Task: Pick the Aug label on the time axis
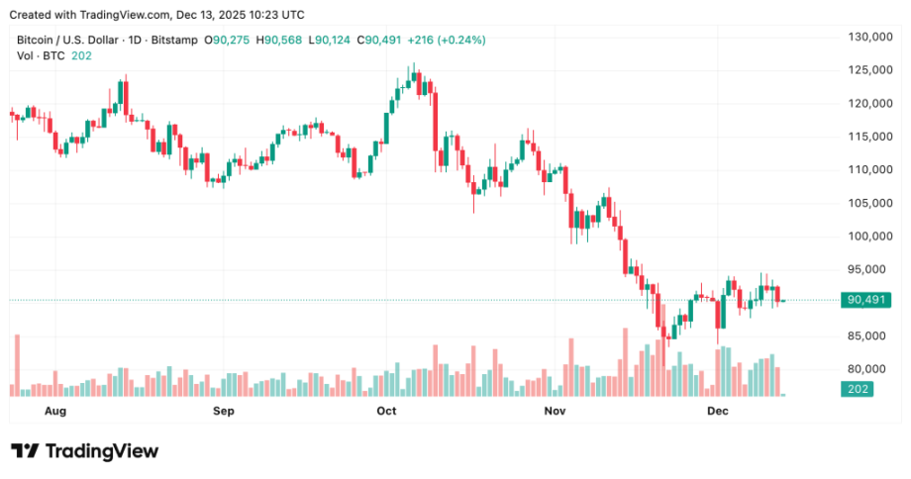55,410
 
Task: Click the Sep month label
223,410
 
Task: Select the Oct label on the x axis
386,410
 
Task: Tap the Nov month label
555,410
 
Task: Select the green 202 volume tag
858,390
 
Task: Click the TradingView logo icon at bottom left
25,451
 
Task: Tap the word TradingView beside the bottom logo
102,451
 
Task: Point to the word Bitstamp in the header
174,40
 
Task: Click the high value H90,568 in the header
278,40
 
